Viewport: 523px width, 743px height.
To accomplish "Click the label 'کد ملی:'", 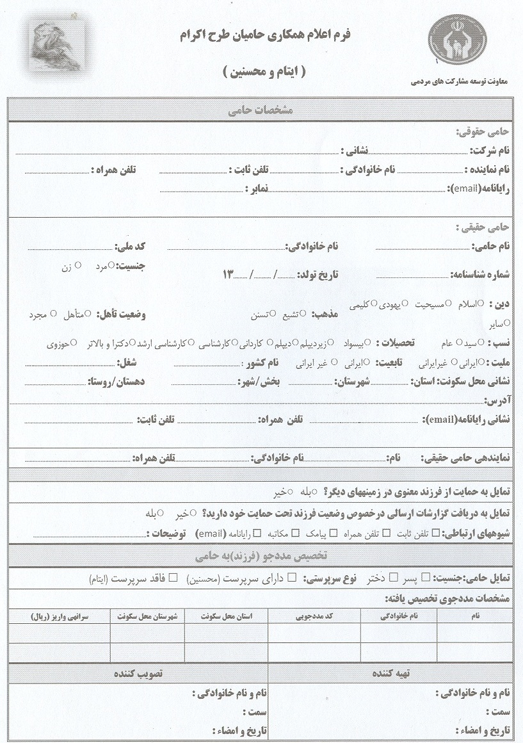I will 130,247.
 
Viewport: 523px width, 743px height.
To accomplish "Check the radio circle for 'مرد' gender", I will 111,265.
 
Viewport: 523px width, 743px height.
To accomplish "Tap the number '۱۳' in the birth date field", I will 229,275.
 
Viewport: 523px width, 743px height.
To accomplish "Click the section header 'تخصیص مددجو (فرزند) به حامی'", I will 261,555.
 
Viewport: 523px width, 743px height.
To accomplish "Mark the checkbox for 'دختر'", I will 393,578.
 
